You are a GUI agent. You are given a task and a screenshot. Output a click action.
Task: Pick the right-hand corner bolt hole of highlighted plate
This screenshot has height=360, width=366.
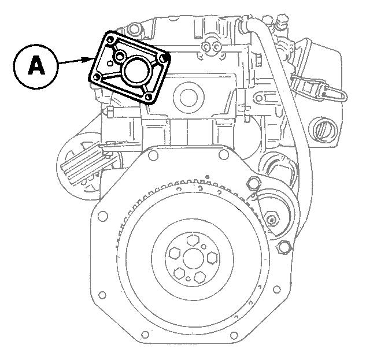click(166, 58)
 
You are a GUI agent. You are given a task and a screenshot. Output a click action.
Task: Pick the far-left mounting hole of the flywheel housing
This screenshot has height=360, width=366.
click(102, 217)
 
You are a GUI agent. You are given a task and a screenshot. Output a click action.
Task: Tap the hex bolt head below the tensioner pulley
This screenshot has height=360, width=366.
click(283, 248)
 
